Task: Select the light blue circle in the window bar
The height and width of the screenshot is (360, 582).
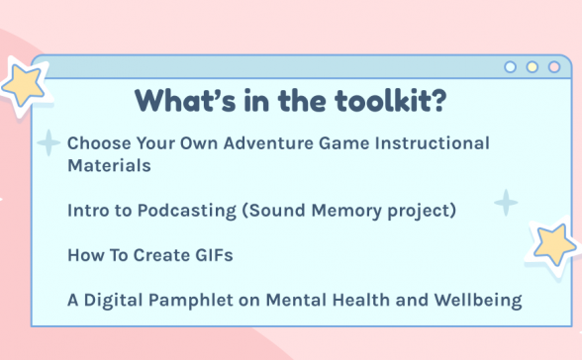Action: coord(511,67)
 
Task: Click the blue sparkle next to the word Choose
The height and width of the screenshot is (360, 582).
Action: coord(48,144)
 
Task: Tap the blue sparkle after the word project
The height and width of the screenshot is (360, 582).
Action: coord(506,203)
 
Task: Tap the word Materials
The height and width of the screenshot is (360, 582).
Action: coord(109,166)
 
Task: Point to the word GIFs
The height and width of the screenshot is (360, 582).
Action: coord(211,255)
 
